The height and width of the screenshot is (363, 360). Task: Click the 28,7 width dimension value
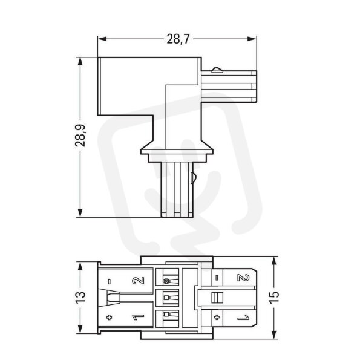tap(178, 39)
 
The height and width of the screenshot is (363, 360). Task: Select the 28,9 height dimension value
tap(80, 136)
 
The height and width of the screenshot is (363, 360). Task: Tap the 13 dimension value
tap(80, 297)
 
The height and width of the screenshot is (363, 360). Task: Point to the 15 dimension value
tap(274, 298)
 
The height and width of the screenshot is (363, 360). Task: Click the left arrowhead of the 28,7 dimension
tap(102, 39)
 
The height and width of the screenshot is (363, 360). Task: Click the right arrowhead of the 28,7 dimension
tap(252, 39)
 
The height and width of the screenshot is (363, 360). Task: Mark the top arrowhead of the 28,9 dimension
tap(80, 62)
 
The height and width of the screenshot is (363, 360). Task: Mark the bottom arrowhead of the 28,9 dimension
tap(80, 213)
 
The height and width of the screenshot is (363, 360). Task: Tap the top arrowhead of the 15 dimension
tap(274, 261)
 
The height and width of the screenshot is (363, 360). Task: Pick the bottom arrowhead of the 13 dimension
tap(80, 329)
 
